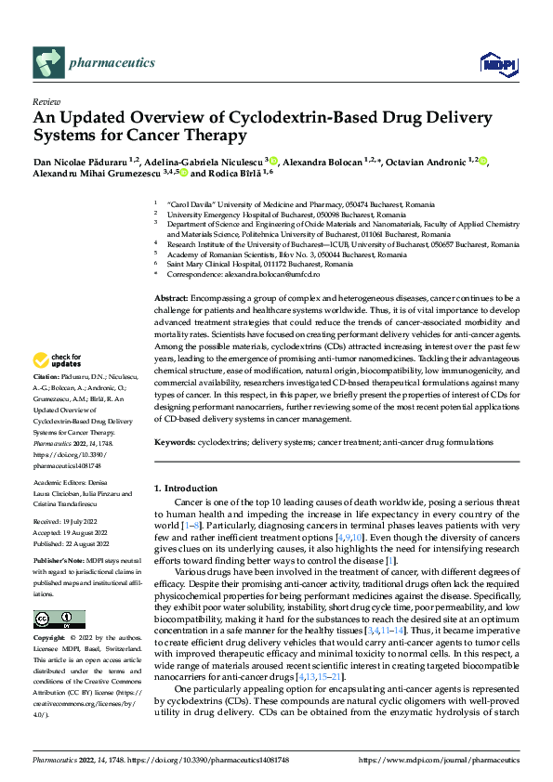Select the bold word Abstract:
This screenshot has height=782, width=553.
[x=172, y=296]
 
